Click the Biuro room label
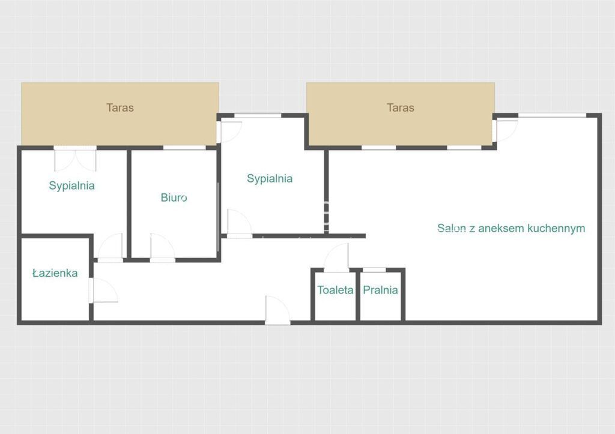click(174, 197)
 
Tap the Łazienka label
click(55, 273)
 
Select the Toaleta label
click(335, 290)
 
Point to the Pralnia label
click(380, 290)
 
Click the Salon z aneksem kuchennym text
click(511, 228)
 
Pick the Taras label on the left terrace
click(120, 108)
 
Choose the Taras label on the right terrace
click(401, 108)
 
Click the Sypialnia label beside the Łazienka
click(72, 185)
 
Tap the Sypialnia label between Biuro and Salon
click(270, 179)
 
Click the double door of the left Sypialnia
click(75, 159)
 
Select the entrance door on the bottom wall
click(277, 310)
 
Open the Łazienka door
click(103, 291)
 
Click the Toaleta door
click(336, 258)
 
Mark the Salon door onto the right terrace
click(505, 130)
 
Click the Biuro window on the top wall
click(184, 148)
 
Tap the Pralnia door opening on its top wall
click(374, 270)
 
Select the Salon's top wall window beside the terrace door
click(553, 115)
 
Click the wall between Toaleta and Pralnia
click(358, 295)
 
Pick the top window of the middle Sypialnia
click(258, 115)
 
